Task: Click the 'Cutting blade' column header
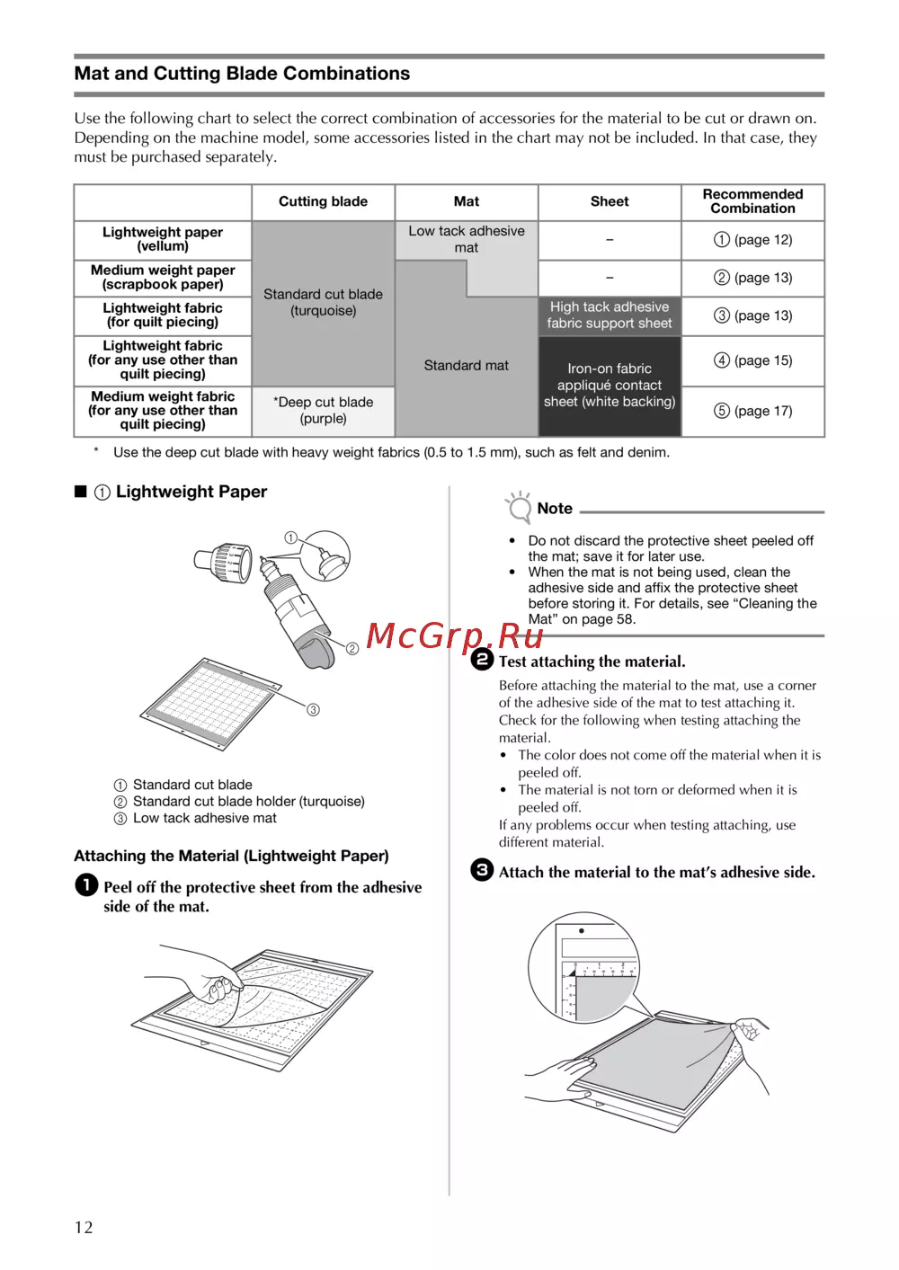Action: [x=323, y=202]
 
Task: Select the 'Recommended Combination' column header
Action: [x=752, y=201]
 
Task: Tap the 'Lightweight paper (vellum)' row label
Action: [x=163, y=239]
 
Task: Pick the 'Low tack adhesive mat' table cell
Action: [x=466, y=239]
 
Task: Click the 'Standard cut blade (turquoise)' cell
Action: [x=323, y=302]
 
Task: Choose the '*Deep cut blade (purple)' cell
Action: [x=323, y=411]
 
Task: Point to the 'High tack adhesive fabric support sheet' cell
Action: [x=610, y=315]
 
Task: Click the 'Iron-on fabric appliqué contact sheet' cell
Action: [x=610, y=386]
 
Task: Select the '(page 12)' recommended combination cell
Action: [x=753, y=240]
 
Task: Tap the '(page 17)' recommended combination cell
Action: [x=753, y=411]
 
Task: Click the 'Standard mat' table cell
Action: [x=466, y=366]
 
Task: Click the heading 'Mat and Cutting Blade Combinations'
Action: [x=242, y=74]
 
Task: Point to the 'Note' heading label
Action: [x=554, y=509]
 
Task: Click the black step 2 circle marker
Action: [x=483, y=660]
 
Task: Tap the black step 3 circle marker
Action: [x=483, y=870]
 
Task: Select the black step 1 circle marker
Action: [x=86, y=885]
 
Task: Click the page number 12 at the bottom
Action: [x=84, y=1228]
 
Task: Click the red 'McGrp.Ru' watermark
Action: [x=455, y=636]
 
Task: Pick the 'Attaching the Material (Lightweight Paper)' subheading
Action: [x=231, y=856]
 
